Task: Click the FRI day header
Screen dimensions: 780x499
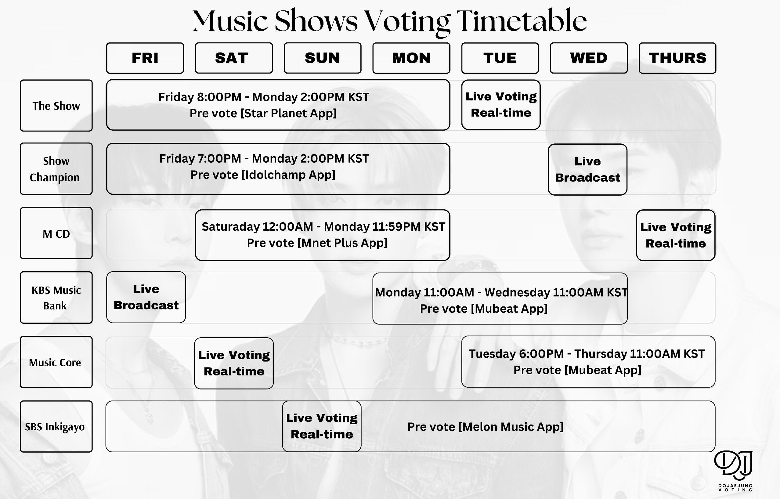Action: click(145, 58)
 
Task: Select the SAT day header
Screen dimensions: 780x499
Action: click(234, 58)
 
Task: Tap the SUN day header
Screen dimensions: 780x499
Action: click(322, 58)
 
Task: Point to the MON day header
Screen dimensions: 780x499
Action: click(411, 58)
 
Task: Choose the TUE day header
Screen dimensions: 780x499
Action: click(500, 58)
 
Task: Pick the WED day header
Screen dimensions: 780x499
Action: click(589, 58)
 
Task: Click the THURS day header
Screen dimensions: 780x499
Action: click(678, 58)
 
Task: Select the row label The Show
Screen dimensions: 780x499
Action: click(56, 105)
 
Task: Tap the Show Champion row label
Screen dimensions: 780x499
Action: click(56, 169)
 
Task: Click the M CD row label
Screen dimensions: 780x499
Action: click(56, 233)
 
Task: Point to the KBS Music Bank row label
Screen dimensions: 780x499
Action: click(56, 298)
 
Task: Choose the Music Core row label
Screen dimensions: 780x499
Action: click(56, 362)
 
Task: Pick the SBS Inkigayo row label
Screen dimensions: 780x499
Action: click(56, 426)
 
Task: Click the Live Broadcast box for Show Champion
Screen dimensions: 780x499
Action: click(588, 169)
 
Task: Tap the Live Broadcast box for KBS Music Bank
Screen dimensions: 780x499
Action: click(146, 297)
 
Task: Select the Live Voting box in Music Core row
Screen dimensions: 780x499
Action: click(234, 363)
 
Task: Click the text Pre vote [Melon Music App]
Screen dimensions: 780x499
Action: click(486, 427)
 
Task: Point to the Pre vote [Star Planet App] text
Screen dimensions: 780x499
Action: click(263, 113)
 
